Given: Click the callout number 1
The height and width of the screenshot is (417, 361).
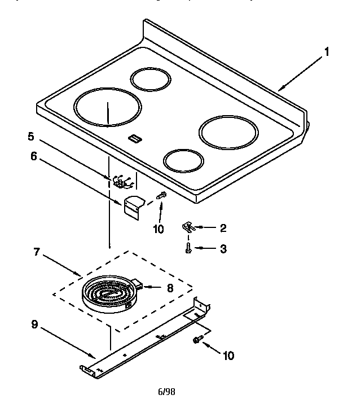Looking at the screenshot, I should pos(325,52).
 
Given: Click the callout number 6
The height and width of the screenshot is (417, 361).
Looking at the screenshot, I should pos(33,156).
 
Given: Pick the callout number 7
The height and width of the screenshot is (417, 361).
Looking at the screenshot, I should pos(37,252).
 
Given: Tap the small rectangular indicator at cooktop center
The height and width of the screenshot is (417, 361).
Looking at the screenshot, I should pos(135,136).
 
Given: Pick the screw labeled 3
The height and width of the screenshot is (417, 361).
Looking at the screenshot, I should pos(189,247).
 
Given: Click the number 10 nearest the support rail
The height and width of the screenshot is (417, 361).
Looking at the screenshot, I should pos(228,355).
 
